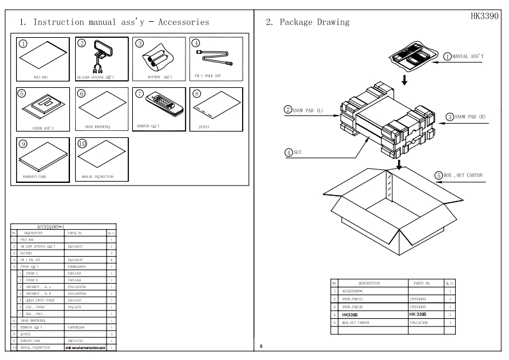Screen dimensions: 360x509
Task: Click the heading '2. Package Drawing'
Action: [307, 22]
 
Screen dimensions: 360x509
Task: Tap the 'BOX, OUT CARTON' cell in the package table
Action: [367, 323]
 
